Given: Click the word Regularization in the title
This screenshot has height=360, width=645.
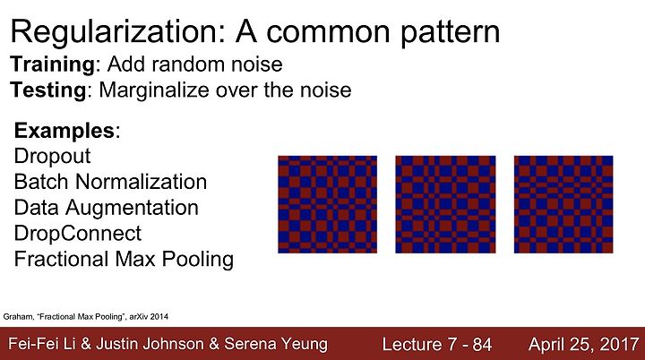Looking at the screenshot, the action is click(x=117, y=32).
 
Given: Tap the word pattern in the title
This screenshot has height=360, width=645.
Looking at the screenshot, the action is click(x=450, y=33).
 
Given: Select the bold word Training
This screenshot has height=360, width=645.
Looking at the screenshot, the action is click(x=53, y=65).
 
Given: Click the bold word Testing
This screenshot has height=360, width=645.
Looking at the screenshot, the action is click(x=48, y=90).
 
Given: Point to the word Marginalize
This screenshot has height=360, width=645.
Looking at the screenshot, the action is click(x=154, y=90).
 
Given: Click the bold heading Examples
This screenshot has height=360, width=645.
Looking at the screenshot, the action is click(x=64, y=132).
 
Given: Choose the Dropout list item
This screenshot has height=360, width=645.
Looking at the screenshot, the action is click(x=52, y=157).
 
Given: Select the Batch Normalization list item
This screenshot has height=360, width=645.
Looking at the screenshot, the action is click(x=110, y=182).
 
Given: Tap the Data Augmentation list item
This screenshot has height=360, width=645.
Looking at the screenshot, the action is click(x=106, y=208).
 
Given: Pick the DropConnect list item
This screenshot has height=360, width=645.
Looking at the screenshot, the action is click(x=78, y=234).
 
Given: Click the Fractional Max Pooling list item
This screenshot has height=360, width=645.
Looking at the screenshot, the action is click(x=124, y=260).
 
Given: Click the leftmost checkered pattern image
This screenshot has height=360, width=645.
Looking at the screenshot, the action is click(x=328, y=204).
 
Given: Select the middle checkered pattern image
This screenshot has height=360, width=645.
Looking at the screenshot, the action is click(x=445, y=204).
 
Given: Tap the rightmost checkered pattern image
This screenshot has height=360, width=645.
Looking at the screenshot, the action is click(x=563, y=204).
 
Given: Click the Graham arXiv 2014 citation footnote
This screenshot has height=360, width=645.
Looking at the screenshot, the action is click(x=86, y=317).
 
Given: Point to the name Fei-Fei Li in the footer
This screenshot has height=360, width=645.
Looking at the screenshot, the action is click(x=42, y=344).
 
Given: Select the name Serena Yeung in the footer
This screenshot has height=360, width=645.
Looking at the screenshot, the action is click(x=276, y=345).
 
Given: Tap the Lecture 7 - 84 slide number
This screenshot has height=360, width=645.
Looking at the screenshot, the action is click(x=437, y=345).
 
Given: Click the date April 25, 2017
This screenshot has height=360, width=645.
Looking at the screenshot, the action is click(x=584, y=345).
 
